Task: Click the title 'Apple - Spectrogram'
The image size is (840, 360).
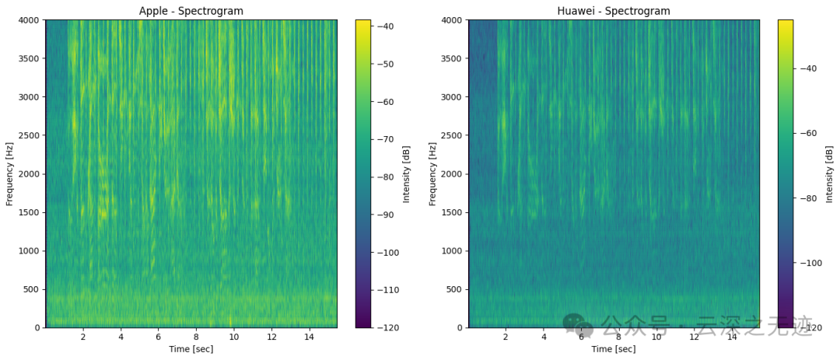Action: click(x=191, y=11)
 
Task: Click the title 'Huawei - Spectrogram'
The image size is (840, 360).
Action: click(x=614, y=11)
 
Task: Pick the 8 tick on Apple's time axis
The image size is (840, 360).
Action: click(x=196, y=337)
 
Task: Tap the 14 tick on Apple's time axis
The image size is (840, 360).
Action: click(x=309, y=337)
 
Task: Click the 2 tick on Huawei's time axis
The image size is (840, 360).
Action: click(x=506, y=337)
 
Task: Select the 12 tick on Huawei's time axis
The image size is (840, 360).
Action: click(x=694, y=337)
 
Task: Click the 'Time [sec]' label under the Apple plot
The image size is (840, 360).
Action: click(x=191, y=349)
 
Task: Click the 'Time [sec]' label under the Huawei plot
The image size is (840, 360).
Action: click(x=614, y=349)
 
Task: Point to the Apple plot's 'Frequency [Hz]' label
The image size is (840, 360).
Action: click(x=10, y=173)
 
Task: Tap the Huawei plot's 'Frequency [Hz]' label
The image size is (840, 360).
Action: click(x=433, y=173)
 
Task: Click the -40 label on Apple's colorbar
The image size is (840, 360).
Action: click(x=387, y=26)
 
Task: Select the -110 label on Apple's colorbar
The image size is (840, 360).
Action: click(x=389, y=290)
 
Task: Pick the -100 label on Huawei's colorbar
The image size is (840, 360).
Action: click(x=812, y=263)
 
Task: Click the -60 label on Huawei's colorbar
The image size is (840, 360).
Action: click(x=810, y=133)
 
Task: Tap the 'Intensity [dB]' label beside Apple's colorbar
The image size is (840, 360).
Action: click(x=407, y=173)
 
